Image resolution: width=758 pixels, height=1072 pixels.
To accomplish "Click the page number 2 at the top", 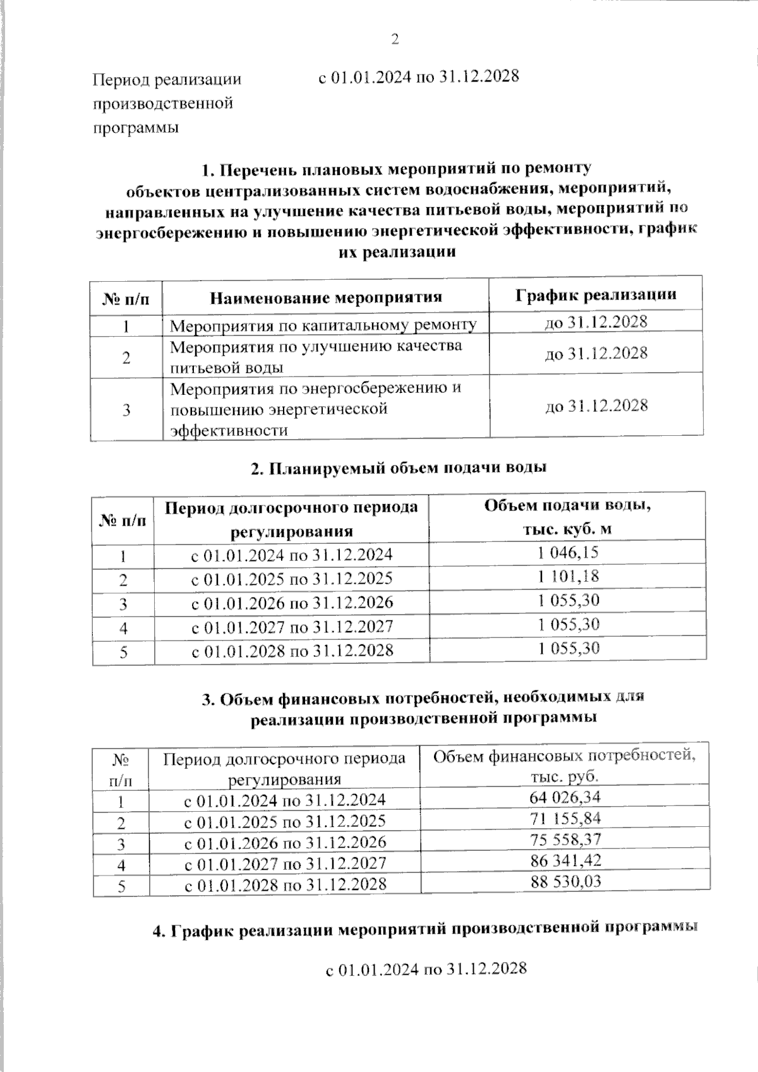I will pyautogui.click(x=395, y=40).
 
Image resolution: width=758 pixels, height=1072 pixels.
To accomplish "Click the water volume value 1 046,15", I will pyautogui.click(x=568, y=553).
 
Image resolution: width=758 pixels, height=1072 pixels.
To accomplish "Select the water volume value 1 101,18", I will pyautogui.click(x=568, y=577).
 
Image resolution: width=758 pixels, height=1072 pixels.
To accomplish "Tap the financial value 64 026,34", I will pyautogui.click(x=565, y=797).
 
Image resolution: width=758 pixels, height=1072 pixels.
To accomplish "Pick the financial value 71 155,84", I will pyautogui.click(x=565, y=819).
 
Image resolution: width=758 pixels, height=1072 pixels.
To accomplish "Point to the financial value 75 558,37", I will pyautogui.click(x=565, y=840).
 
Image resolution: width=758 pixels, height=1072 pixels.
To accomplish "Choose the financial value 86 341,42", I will pyautogui.click(x=565, y=861).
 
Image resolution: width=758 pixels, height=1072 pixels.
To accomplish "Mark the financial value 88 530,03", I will pyautogui.click(x=565, y=882).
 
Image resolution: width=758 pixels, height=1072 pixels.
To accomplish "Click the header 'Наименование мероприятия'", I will pyautogui.click(x=325, y=297).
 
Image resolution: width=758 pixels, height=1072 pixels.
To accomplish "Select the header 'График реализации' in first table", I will pyautogui.click(x=596, y=294).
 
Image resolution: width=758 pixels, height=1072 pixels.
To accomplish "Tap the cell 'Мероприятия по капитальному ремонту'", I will pyautogui.click(x=323, y=325).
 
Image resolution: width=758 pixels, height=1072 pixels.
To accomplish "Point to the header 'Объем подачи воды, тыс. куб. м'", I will pyautogui.click(x=567, y=517).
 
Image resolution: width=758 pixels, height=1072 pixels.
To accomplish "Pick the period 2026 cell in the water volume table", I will pyautogui.click(x=292, y=603).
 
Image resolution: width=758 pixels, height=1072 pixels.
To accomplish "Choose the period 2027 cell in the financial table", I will pyautogui.click(x=284, y=863).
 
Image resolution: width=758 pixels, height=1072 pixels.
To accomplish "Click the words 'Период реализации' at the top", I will pyautogui.click(x=167, y=80).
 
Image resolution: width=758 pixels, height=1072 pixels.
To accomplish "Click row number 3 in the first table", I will pyautogui.click(x=126, y=410).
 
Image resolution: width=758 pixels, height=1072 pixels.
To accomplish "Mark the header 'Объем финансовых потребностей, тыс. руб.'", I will pyautogui.click(x=564, y=766).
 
